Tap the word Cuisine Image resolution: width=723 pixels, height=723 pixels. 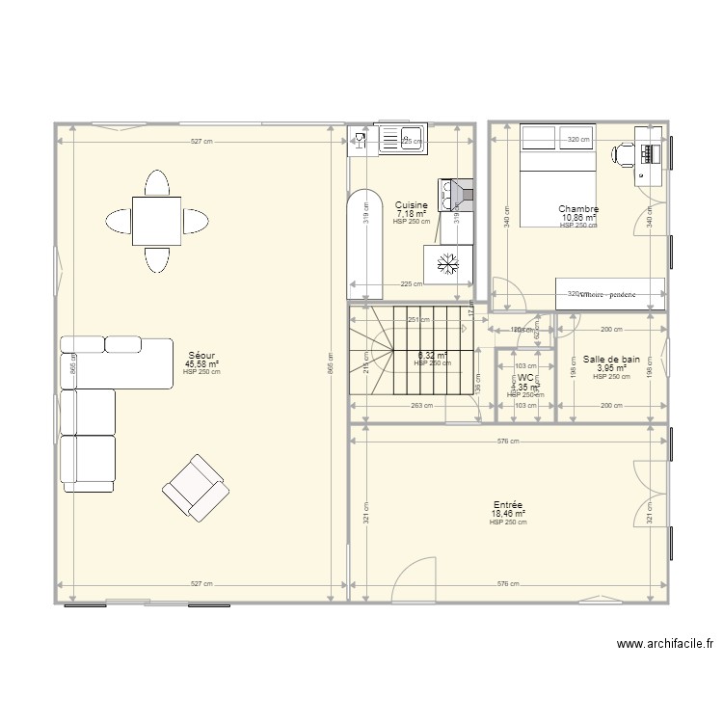tap(412, 205)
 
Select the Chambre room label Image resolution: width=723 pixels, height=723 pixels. tap(578, 209)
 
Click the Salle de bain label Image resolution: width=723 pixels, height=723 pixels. tap(611, 359)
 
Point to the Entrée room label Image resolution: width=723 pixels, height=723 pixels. tap(507, 505)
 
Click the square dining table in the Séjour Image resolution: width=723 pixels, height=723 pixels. tap(156, 221)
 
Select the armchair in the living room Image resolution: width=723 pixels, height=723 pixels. tap(196, 486)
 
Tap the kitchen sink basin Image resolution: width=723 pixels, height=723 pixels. tap(412, 141)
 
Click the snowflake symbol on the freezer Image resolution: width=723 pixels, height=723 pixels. tap(447, 262)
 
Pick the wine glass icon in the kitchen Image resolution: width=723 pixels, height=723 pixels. tap(360, 142)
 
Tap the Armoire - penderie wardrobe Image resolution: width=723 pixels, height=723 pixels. tap(610, 294)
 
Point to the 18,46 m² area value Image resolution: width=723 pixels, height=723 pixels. tap(507, 514)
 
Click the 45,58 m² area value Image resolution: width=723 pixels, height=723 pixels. tap(202, 364)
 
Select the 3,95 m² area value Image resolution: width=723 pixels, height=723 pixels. tap(611, 367)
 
